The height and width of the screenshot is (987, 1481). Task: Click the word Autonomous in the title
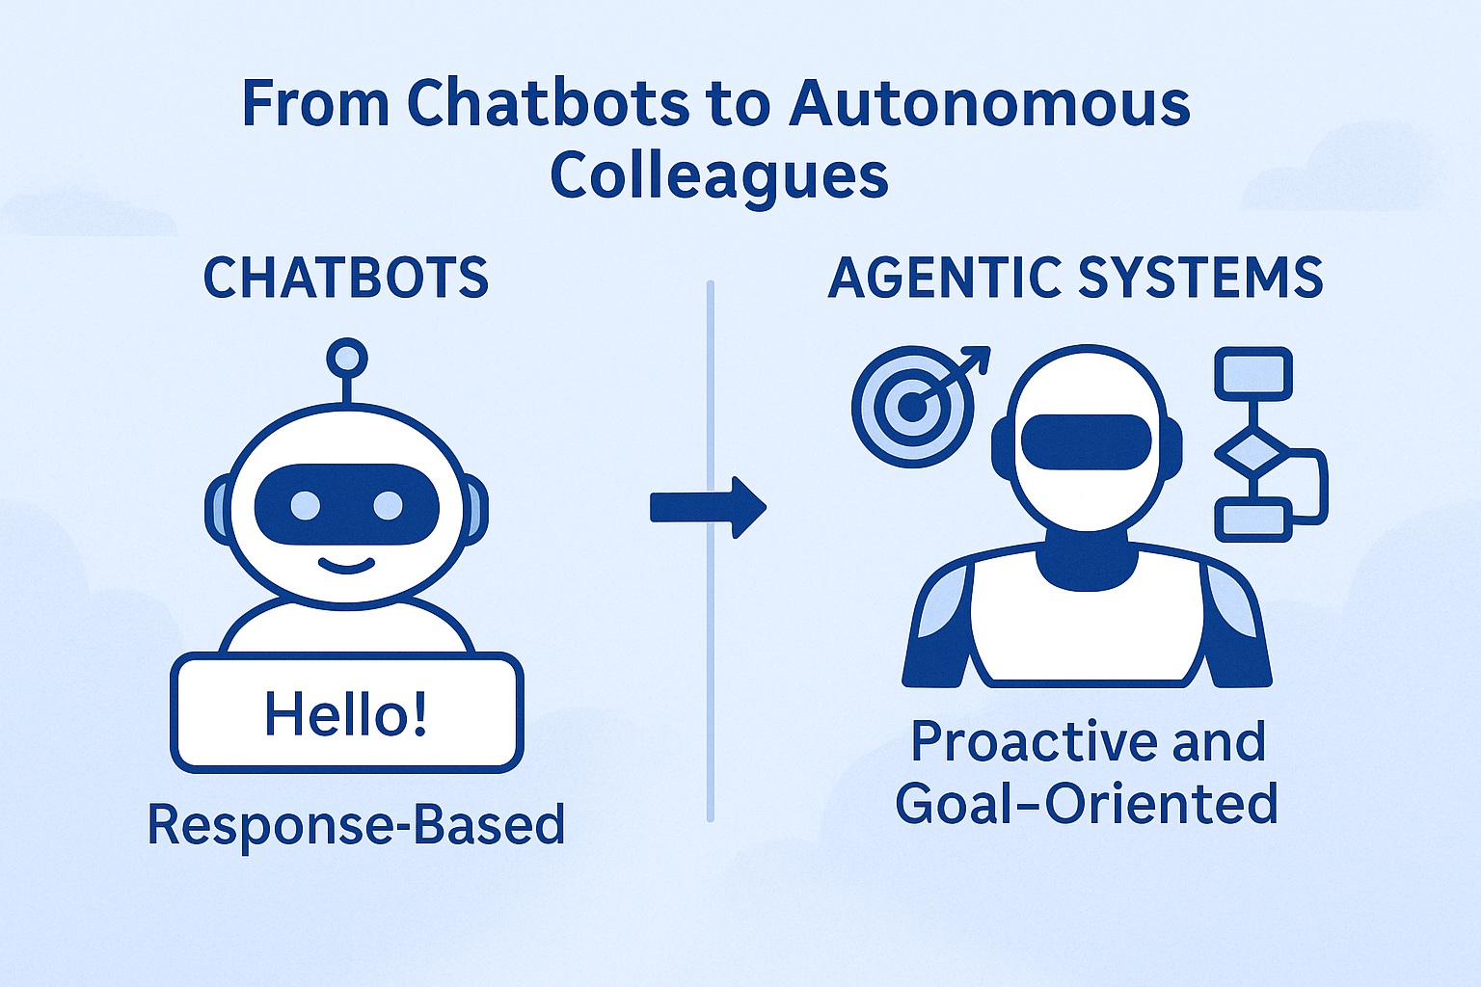[x=989, y=104]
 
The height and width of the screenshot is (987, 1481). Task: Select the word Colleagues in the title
[x=719, y=176]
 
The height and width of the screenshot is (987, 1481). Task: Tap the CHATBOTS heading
[x=346, y=278]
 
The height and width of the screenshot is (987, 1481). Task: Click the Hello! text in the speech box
[x=346, y=714]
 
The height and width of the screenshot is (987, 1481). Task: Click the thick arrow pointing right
[x=708, y=508]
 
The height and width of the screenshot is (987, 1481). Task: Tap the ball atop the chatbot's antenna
[x=347, y=359]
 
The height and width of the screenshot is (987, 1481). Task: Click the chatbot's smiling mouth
[x=346, y=566]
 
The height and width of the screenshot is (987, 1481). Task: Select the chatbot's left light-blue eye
[x=306, y=506]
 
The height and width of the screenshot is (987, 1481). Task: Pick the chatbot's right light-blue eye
[x=389, y=506]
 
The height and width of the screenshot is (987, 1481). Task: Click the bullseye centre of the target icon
[x=912, y=408]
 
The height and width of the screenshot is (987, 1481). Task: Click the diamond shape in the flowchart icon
[x=1252, y=453]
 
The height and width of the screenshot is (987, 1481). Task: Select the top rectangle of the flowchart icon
[x=1253, y=374]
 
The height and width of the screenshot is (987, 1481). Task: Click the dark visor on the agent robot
[x=1087, y=442]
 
